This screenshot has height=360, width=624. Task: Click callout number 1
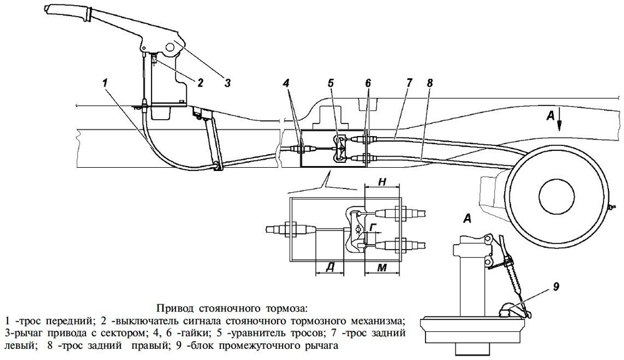click(x=107, y=82)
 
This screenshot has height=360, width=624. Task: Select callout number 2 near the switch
click(x=201, y=81)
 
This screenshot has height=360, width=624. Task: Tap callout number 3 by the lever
click(x=227, y=81)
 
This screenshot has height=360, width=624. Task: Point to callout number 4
click(x=285, y=81)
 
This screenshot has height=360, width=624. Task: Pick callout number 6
click(x=368, y=81)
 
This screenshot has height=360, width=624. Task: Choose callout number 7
click(x=408, y=81)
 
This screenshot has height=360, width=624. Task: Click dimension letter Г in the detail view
click(x=372, y=228)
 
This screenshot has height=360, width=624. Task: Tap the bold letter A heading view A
click(x=466, y=218)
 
